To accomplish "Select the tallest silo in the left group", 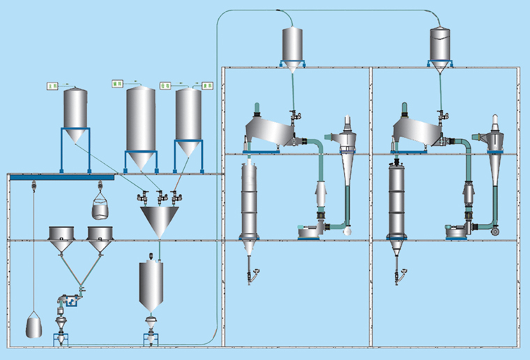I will (140, 122).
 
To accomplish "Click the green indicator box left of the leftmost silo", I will (52, 86).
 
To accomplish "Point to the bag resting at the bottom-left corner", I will (34, 326).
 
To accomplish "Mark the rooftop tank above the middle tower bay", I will (292, 47).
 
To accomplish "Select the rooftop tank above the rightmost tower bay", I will (440, 47).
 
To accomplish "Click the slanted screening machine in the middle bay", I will (268, 133).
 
